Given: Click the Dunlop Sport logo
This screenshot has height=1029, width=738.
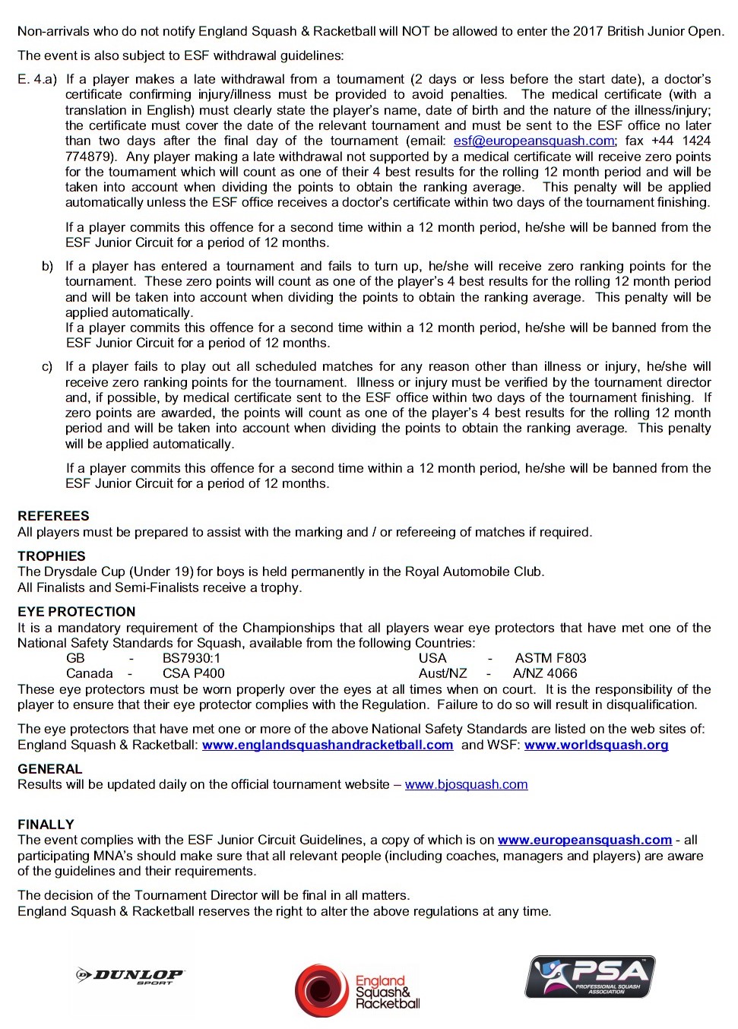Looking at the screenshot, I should click(x=130, y=976).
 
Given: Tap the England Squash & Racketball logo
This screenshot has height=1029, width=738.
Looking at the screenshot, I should click(x=357, y=990).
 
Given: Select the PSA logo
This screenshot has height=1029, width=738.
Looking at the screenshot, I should click(x=591, y=977).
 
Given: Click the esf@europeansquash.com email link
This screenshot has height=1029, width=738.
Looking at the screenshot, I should click(x=534, y=141).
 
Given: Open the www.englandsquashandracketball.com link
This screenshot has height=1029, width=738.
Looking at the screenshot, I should click(x=328, y=745).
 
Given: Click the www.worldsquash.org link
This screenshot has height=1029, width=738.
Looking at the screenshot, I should click(x=596, y=745).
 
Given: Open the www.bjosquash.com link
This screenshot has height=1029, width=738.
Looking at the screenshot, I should click(x=466, y=784).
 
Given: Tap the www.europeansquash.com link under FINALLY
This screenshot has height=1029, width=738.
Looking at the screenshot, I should click(x=584, y=840).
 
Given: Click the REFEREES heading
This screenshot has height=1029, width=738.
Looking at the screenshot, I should click(x=53, y=516).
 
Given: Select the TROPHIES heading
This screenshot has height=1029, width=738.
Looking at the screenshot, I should click(x=52, y=556).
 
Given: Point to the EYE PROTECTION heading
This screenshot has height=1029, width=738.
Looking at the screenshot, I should click(x=76, y=612).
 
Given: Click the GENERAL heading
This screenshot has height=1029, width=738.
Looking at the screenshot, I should click(x=49, y=769).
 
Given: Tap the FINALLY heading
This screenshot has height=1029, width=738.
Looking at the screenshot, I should click(x=46, y=825).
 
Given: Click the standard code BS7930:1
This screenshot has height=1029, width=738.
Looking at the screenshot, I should click(x=191, y=658).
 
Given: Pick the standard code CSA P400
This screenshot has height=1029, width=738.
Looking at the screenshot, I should click(x=193, y=673).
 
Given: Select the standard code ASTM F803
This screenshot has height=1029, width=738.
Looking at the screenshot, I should click(x=550, y=658).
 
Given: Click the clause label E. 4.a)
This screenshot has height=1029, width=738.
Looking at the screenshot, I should click(x=37, y=79).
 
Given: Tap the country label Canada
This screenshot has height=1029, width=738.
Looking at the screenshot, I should click(x=89, y=673).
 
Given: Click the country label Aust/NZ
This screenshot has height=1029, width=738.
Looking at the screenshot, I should click(x=442, y=673).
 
